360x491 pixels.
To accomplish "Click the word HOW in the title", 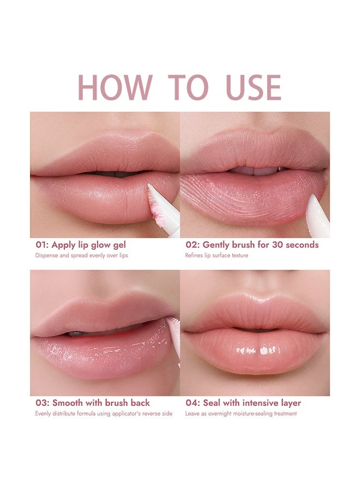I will click(x=115, y=87).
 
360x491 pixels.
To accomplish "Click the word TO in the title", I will click(x=188, y=87).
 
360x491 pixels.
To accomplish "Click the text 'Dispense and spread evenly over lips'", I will click(x=82, y=255).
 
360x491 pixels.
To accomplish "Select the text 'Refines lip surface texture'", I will click(x=217, y=255).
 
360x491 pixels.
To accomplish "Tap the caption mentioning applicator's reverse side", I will click(x=104, y=414).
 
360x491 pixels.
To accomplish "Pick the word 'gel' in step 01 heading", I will click(x=118, y=245).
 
